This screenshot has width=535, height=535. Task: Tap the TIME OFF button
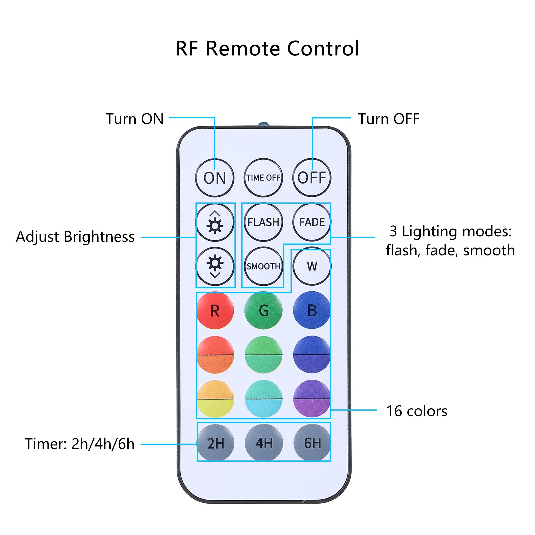[263, 178]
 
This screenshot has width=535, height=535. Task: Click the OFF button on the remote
[312, 178]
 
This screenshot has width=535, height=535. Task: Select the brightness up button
[215, 223]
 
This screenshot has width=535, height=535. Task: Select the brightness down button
[215, 266]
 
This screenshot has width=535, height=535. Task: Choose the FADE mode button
[312, 222]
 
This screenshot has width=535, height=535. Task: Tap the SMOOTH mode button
[263, 266]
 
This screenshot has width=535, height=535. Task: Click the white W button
[312, 266]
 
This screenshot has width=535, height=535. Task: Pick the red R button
[215, 311]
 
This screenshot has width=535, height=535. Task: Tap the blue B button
[312, 311]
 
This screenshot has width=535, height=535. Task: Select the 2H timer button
[216, 443]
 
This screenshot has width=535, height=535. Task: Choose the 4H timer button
[264, 443]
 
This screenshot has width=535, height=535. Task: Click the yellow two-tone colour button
[216, 399]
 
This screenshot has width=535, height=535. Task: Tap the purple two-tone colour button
[312, 399]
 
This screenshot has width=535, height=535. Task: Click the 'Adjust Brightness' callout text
[75, 237]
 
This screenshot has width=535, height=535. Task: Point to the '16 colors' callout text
[417, 411]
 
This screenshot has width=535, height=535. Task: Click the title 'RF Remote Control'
[267, 49]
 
